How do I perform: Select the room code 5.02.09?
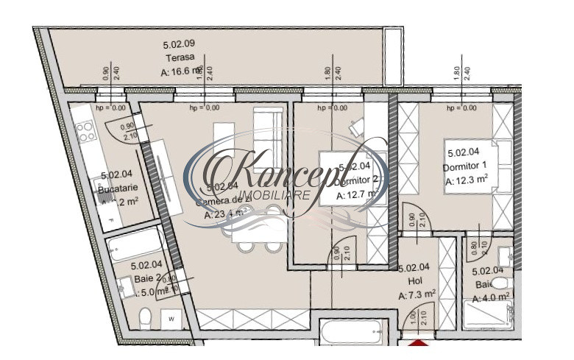click(179, 44)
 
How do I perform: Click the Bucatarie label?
click(118, 188)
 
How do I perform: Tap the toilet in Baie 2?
click(145, 319)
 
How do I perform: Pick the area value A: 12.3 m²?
click(467, 179)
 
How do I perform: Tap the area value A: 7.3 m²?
click(417, 294)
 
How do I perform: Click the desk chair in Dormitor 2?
click(356, 127)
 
